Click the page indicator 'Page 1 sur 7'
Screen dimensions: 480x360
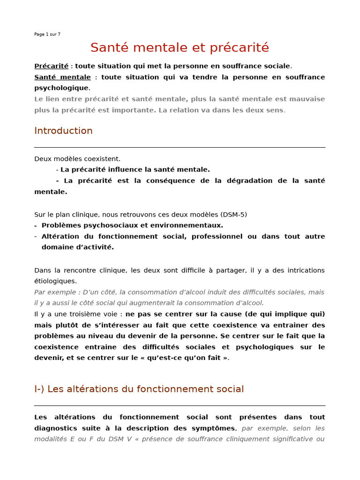click(47, 34)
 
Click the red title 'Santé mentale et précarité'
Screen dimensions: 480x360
click(180, 48)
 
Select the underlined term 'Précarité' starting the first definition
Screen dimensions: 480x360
click(51, 66)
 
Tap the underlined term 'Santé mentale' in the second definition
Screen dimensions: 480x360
click(62, 77)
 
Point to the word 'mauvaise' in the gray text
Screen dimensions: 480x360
click(307, 99)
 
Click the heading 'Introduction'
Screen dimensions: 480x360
click(63, 131)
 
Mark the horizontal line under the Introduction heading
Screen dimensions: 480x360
click(180, 147)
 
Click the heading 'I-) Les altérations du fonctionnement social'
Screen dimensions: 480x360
click(139, 389)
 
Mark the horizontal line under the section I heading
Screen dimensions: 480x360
click(180, 405)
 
